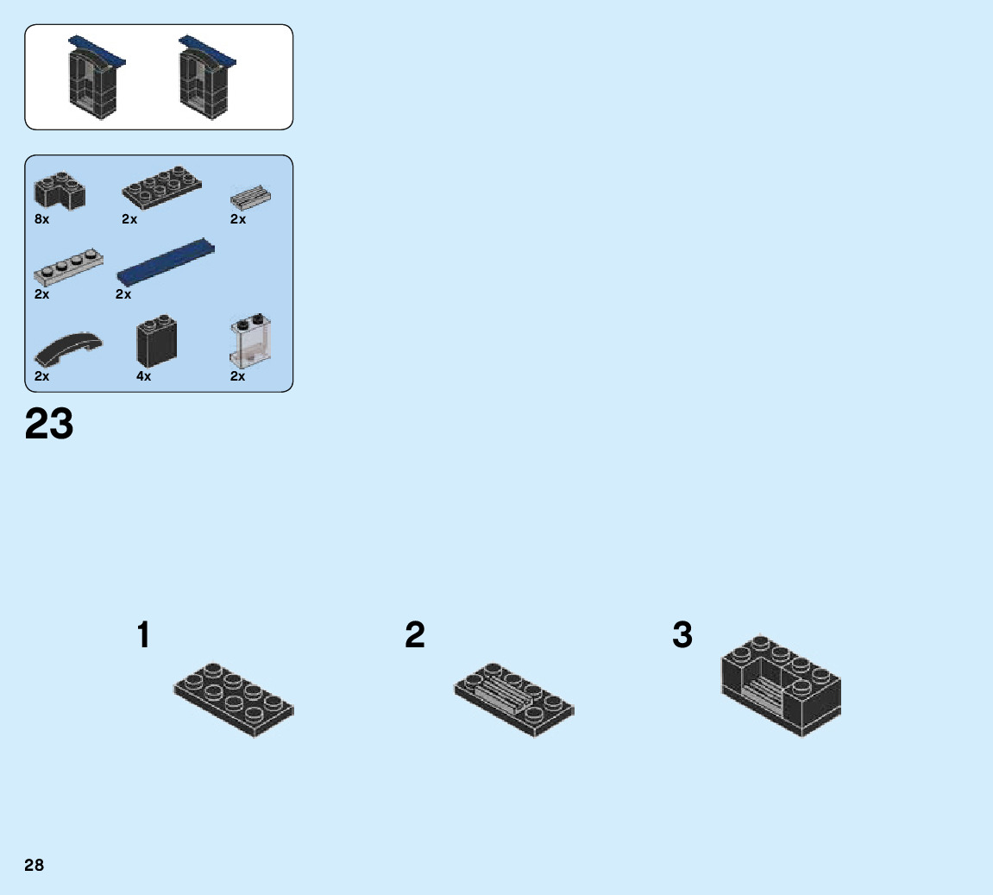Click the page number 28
click(x=35, y=865)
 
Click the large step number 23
click(x=49, y=425)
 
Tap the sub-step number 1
click(x=143, y=636)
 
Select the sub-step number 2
click(x=415, y=636)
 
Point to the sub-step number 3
click(x=682, y=636)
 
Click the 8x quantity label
click(x=42, y=219)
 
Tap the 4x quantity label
click(x=143, y=376)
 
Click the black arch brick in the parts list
click(x=60, y=190)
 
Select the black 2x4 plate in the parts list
click(x=162, y=186)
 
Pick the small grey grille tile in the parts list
click(x=251, y=198)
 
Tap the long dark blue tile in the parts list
click(x=166, y=262)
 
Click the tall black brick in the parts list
click(x=156, y=343)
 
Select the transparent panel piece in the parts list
click(x=251, y=343)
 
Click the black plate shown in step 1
click(x=234, y=699)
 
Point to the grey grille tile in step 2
click(x=504, y=693)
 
